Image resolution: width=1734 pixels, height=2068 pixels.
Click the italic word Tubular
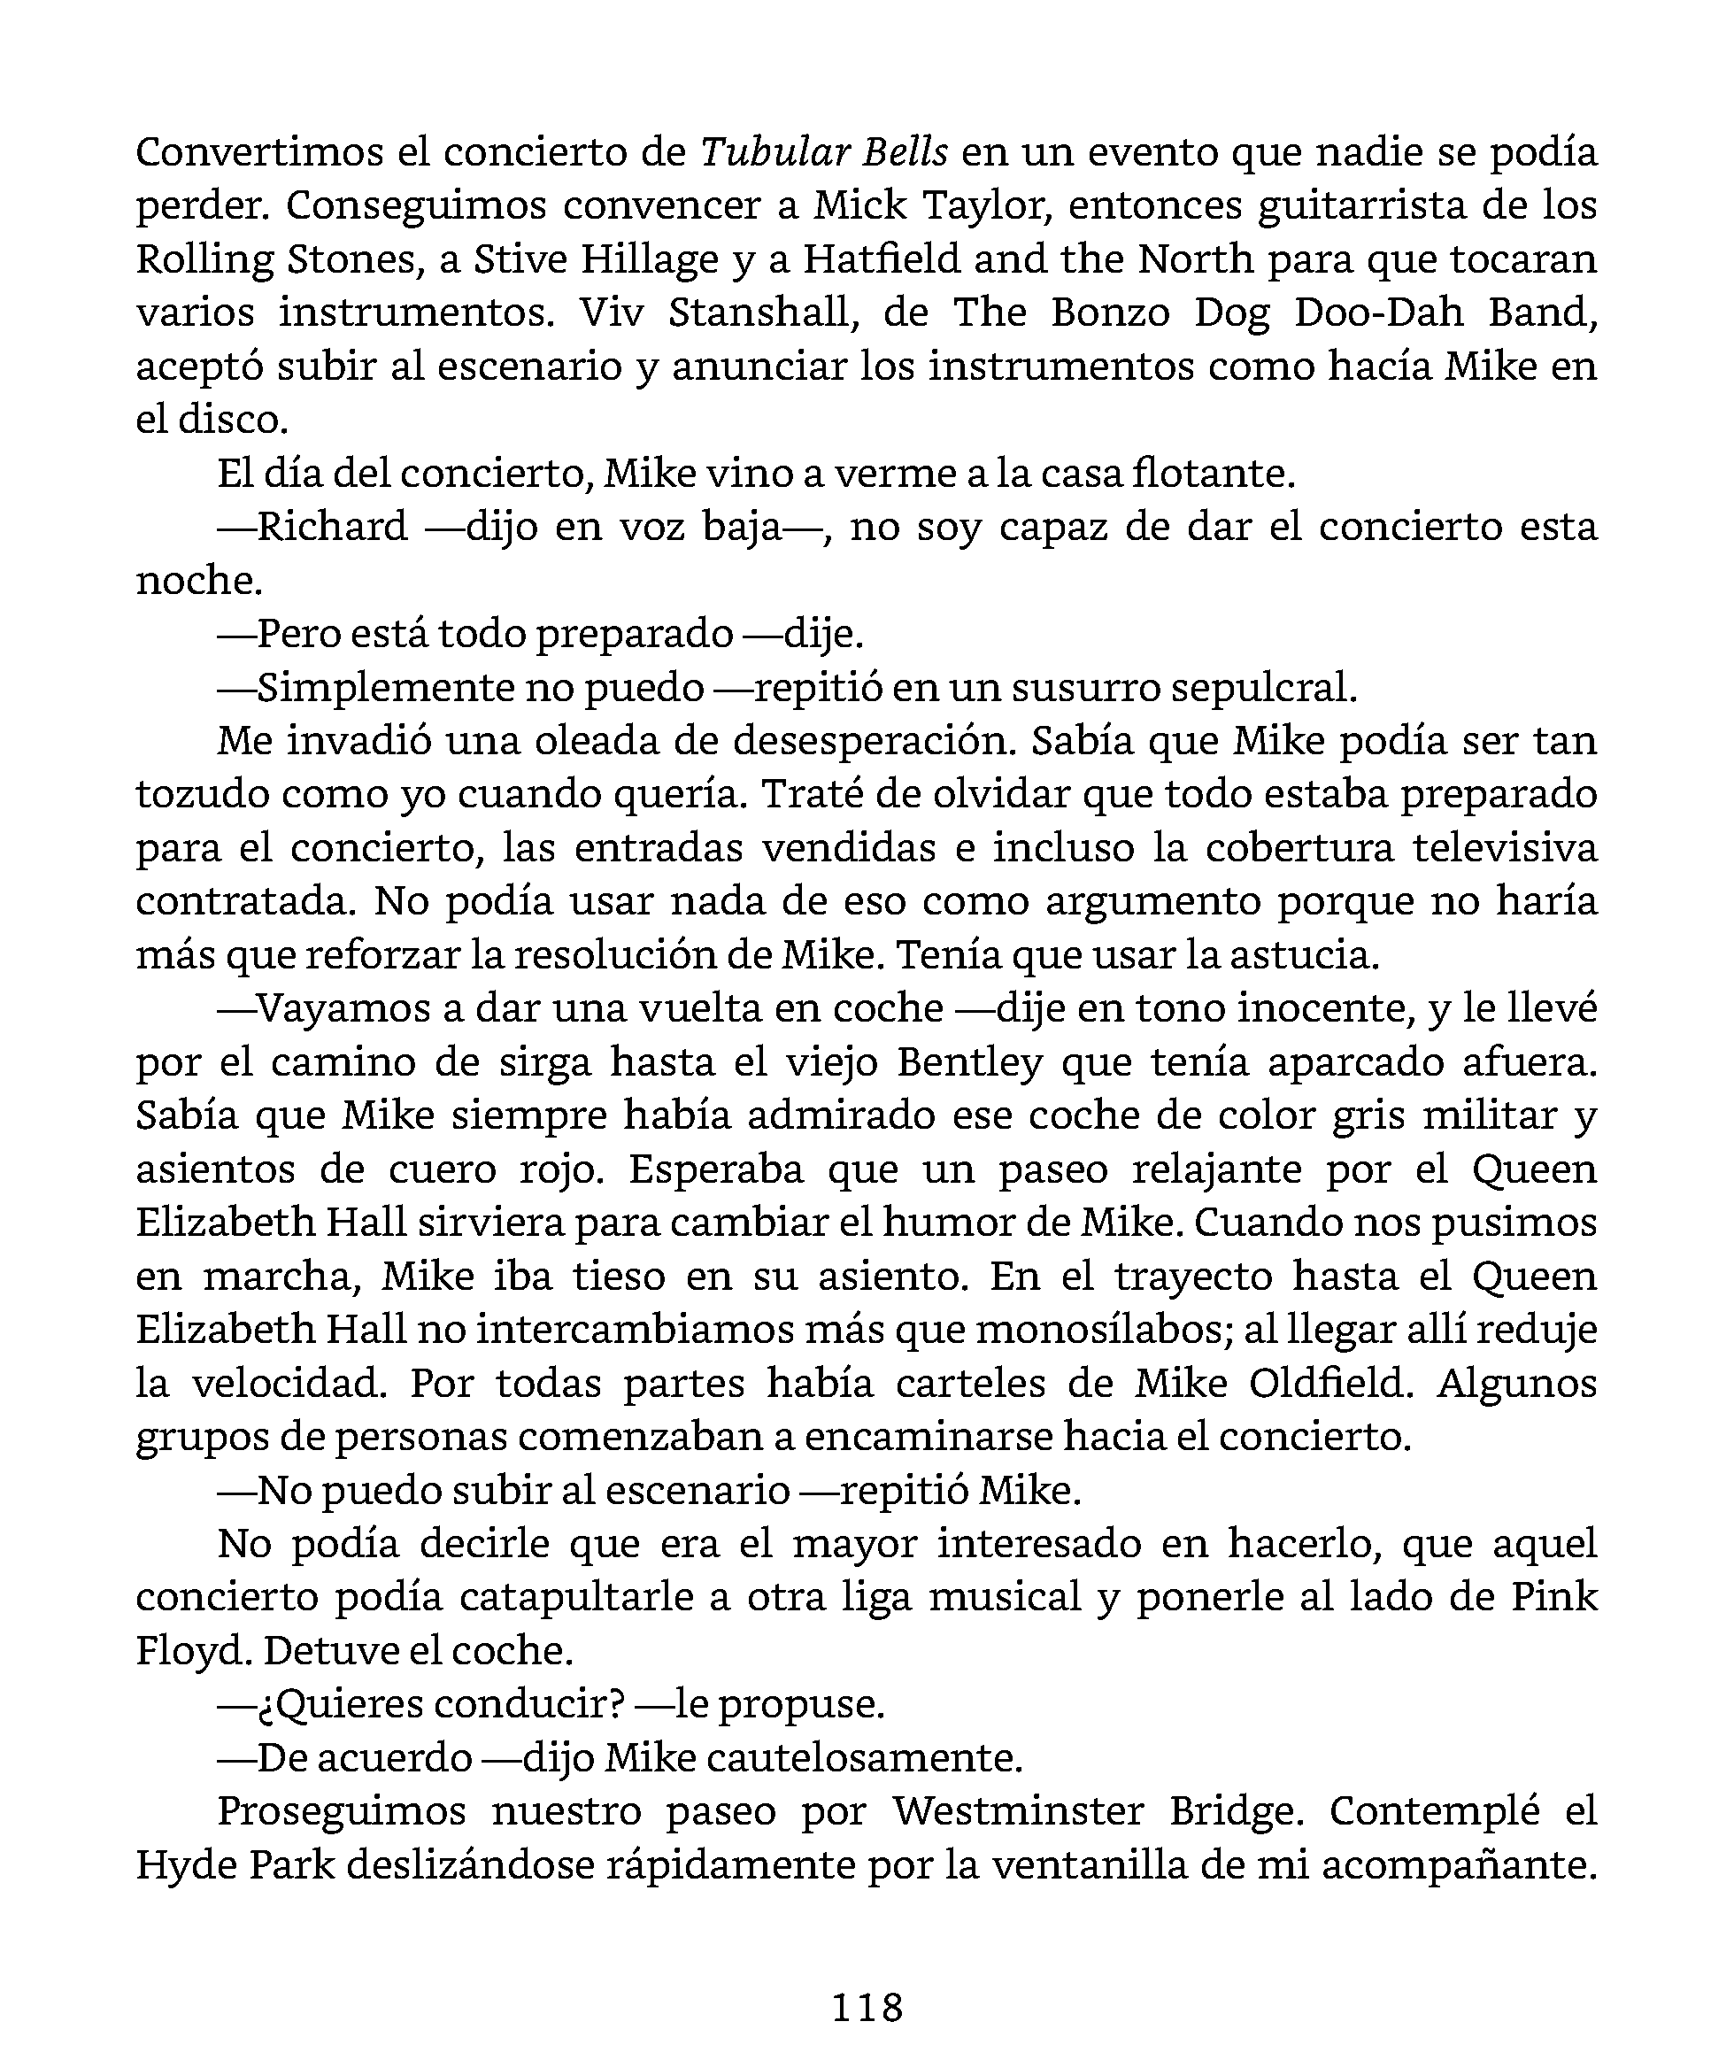[773, 152]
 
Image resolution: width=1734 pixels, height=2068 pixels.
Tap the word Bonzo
[1111, 313]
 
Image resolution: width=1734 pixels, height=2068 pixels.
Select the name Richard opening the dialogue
[332, 527]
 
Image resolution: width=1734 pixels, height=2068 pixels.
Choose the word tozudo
[196, 794]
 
